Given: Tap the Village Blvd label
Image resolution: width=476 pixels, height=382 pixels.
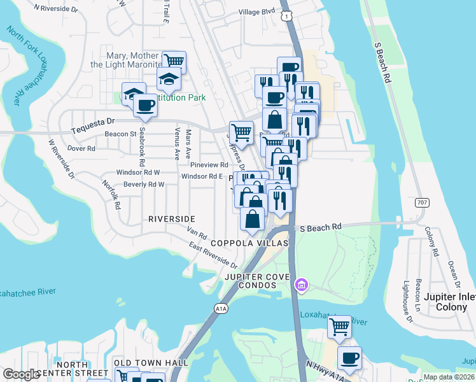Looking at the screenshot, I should coord(257,11).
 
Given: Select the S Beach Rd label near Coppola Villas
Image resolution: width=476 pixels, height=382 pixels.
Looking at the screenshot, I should coord(321,227).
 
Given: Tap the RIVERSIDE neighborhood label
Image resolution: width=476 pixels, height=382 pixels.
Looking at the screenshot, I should coord(171,218).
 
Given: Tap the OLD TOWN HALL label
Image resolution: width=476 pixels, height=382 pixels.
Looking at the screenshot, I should coord(151,363).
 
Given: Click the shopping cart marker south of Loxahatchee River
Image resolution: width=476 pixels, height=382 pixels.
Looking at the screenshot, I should coord(340,327).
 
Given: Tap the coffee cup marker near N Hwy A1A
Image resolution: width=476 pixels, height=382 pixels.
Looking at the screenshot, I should coord(349,358).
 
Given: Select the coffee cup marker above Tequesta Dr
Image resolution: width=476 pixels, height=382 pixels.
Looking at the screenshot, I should coord(146,105).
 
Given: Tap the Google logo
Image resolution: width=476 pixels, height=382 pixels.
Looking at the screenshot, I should coord(21,374).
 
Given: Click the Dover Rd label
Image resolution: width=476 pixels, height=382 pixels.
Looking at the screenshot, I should coord(81,148).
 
